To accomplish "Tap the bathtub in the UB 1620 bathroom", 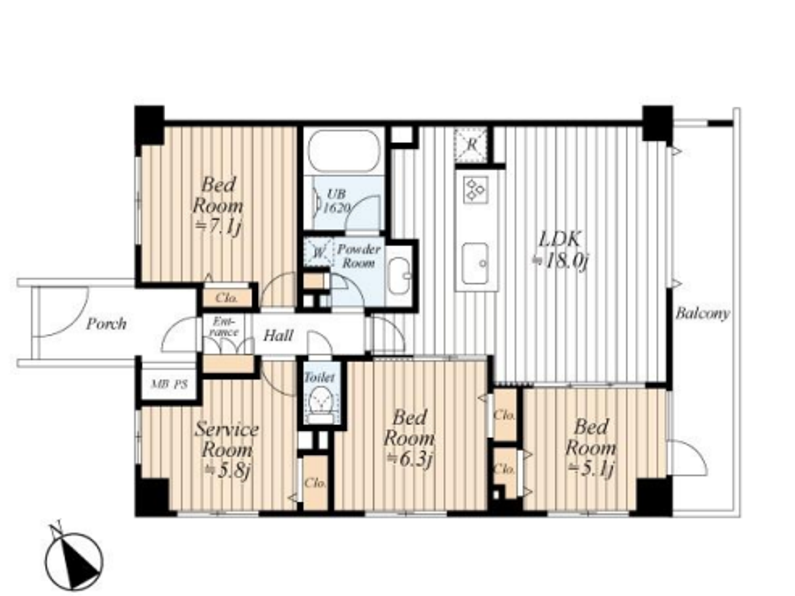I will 344,151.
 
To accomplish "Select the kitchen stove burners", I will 475,190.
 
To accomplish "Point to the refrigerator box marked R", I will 471,145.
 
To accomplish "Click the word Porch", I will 106,324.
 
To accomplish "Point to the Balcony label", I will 702,314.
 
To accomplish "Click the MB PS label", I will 169,384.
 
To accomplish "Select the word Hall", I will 278,336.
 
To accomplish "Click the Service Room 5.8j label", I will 227,450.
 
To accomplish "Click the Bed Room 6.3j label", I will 409,438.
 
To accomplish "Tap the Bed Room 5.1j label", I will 591,447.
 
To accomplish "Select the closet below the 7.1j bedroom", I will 227,297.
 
